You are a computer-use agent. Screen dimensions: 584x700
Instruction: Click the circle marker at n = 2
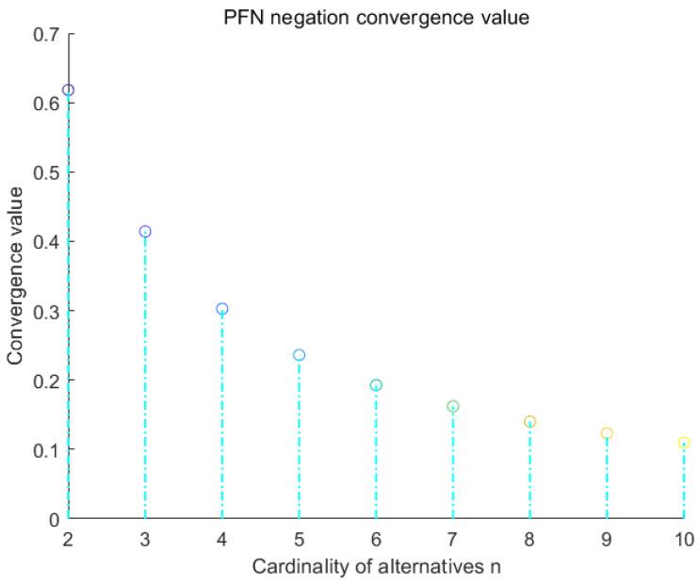click(68, 90)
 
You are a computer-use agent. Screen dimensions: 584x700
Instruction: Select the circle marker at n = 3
click(145, 232)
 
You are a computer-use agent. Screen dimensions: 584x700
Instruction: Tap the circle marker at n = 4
click(222, 309)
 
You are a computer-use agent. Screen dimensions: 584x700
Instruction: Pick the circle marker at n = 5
click(299, 355)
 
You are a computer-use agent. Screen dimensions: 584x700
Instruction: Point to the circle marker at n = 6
click(376, 385)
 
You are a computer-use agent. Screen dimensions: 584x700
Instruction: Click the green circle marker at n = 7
click(453, 406)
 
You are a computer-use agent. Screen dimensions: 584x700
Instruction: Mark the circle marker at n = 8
click(529, 422)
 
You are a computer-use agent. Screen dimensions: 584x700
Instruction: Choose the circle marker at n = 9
click(607, 433)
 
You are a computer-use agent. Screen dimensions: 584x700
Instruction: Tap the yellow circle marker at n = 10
click(684, 443)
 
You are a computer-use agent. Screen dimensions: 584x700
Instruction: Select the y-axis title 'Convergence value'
click(15, 276)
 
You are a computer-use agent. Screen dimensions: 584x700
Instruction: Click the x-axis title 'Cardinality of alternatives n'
click(376, 568)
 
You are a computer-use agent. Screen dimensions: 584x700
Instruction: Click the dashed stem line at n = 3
click(145, 377)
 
